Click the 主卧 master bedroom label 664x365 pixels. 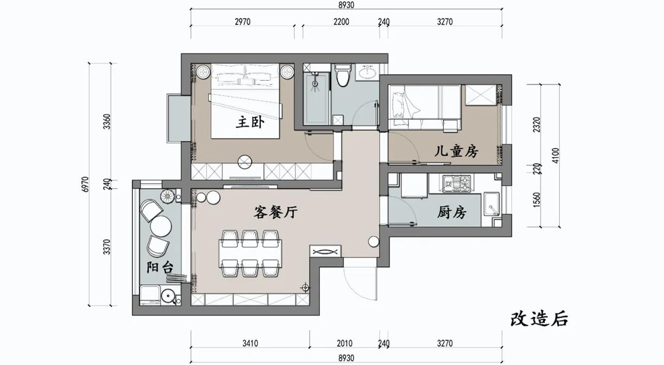(250, 122)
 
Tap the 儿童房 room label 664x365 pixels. (456, 152)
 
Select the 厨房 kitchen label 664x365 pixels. (452, 212)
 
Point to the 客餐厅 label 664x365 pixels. (276, 212)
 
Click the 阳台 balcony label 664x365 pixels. (160, 268)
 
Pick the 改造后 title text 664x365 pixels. (539, 319)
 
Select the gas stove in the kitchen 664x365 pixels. (457, 184)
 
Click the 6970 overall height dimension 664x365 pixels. (85, 184)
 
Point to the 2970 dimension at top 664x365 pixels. (242, 22)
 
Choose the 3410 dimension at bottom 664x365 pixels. (250, 343)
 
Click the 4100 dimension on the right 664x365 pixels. (555, 155)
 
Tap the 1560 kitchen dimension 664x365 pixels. (537, 200)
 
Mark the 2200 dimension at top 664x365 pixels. (341, 22)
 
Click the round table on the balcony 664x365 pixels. (160, 226)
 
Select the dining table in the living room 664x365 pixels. (251, 254)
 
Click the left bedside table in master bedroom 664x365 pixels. (204, 72)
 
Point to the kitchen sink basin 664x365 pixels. (492, 204)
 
